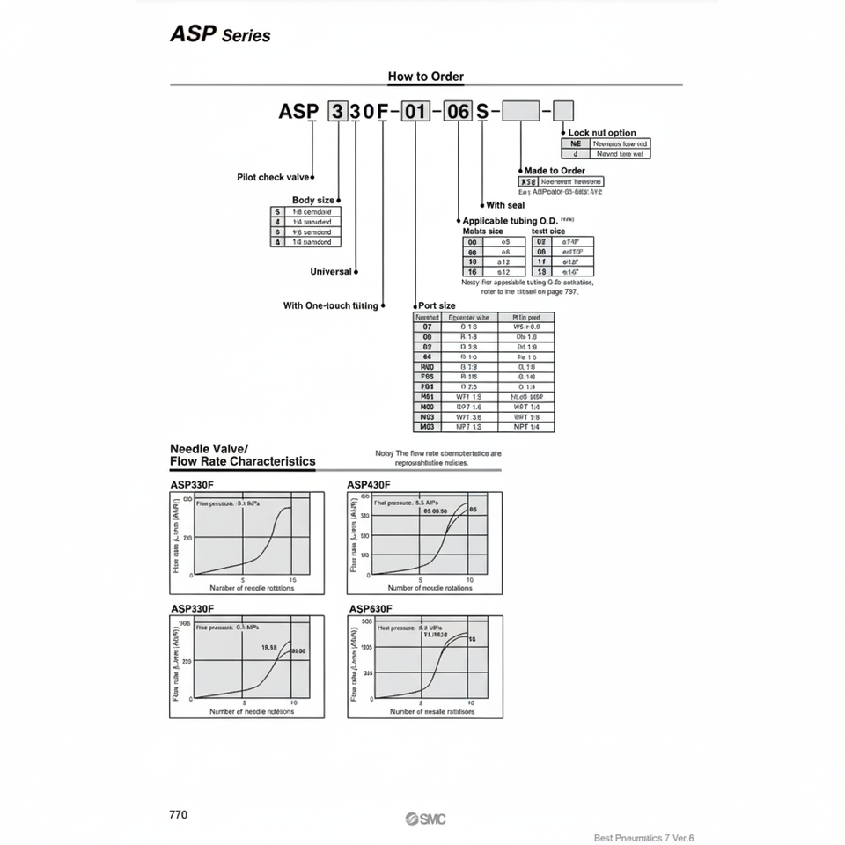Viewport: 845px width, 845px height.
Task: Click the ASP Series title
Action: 219,35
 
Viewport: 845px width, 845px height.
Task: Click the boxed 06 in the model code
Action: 458,112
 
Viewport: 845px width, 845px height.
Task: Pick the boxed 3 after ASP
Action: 337,112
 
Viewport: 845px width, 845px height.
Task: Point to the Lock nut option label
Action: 602,133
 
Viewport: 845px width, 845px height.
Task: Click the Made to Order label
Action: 555,171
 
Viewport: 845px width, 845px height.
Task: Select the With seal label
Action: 505,205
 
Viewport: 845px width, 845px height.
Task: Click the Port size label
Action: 437,305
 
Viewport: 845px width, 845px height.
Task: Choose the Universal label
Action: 331,272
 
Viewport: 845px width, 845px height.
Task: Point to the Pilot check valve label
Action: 273,177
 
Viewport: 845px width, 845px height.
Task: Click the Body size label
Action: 313,200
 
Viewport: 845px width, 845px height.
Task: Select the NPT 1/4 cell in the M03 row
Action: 526,427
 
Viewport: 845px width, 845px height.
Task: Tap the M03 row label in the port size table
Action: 428,427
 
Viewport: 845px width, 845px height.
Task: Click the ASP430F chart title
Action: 370,485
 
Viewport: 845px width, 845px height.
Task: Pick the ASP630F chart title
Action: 371,608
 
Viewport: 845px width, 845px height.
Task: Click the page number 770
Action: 178,814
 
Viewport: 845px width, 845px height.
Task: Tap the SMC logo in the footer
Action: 426,819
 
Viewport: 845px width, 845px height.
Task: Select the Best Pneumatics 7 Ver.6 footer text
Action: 650,838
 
